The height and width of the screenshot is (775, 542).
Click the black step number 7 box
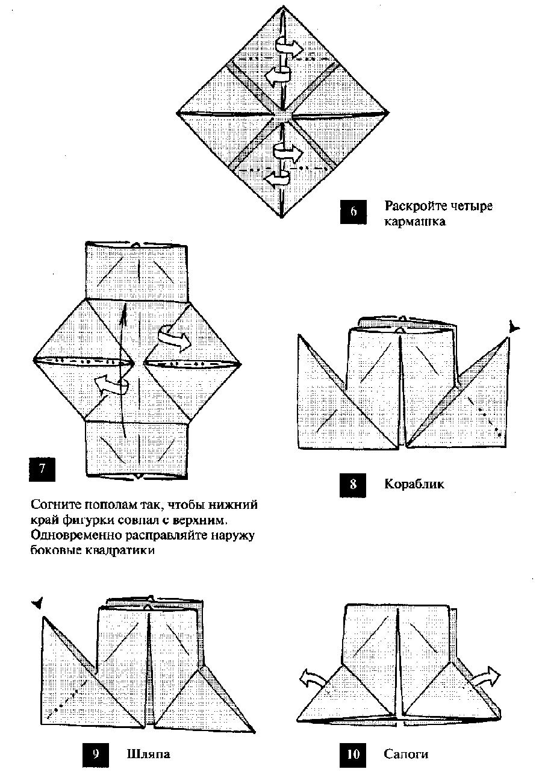[x=42, y=470]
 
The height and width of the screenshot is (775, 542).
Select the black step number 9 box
[x=96, y=754]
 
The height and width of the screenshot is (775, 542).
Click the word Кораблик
[x=414, y=484]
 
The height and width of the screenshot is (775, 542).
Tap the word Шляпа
[x=148, y=753]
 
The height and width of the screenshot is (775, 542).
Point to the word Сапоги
[x=406, y=754]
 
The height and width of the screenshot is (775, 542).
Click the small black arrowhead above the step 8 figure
[x=513, y=328]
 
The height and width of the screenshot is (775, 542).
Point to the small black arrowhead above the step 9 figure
[x=38, y=603]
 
